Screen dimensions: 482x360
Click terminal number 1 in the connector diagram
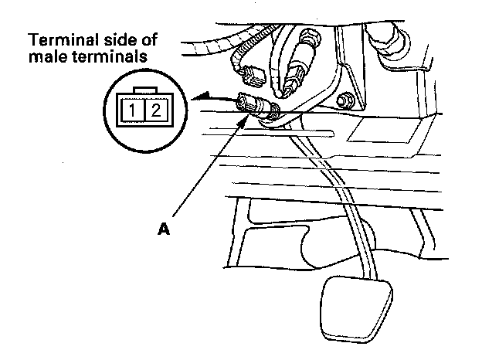point(134,110)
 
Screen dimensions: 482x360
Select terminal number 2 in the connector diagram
point(155,110)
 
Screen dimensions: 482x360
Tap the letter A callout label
point(163,228)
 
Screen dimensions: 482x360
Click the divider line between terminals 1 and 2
point(145,110)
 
